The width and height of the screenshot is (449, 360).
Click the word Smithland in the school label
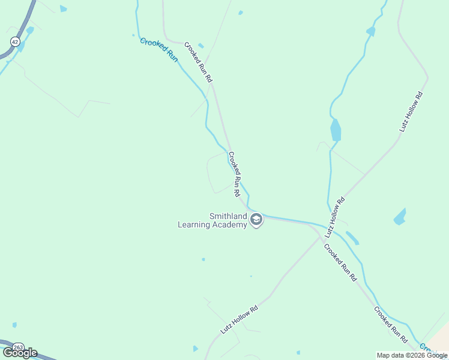[x=228, y=216]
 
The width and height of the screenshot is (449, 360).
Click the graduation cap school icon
[x=256, y=220]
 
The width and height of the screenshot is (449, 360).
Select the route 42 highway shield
[x=14, y=40]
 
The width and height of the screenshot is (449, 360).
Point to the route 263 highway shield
[x=19, y=347]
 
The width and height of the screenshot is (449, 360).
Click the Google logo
[x=20, y=352]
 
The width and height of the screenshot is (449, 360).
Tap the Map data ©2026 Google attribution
[x=412, y=355]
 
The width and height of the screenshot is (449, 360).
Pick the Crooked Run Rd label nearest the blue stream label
[x=199, y=62]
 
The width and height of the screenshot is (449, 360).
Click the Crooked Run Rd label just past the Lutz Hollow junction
[x=340, y=263]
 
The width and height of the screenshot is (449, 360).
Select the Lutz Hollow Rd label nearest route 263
[x=239, y=319]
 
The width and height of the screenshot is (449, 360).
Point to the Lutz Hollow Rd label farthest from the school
[x=411, y=112]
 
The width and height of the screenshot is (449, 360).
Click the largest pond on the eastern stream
[x=336, y=130]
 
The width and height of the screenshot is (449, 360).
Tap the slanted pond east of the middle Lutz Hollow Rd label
[x=400, y=217]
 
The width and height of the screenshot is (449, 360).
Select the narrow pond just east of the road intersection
[x=352, y=238]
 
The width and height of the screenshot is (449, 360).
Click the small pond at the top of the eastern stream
[x=370, y=31]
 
